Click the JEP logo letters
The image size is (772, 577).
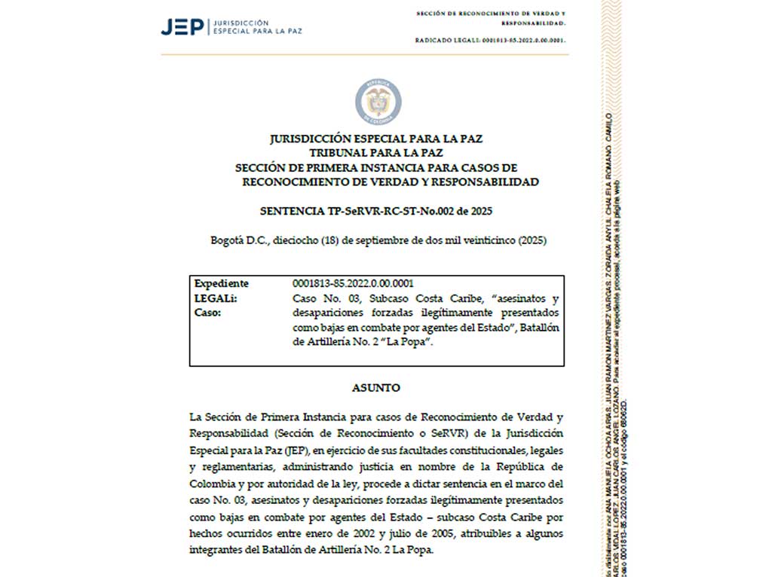pyautogui.click(x=182, y=27)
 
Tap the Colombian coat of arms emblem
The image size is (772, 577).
pyautogui.click(x=378, y=102)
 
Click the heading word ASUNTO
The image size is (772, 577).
pyautogui.click(x=376, y=388)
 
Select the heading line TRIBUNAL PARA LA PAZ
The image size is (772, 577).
pyautogui.click(x=375, y=153)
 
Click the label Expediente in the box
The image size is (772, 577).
pyautogui.click(x=222, y=283)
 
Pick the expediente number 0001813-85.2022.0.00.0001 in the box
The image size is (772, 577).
pyautogui.click(x=353, y=283)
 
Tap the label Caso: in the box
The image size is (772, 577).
pyautogui.click(x=208, y=312)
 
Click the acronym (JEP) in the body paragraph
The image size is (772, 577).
pyautogui.click(x=299, y=450)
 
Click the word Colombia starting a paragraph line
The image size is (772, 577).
pyautogui.click(x=212, y=483)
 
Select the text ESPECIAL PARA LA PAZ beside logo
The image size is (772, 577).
pyautogui.click(x=259, y=32)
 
